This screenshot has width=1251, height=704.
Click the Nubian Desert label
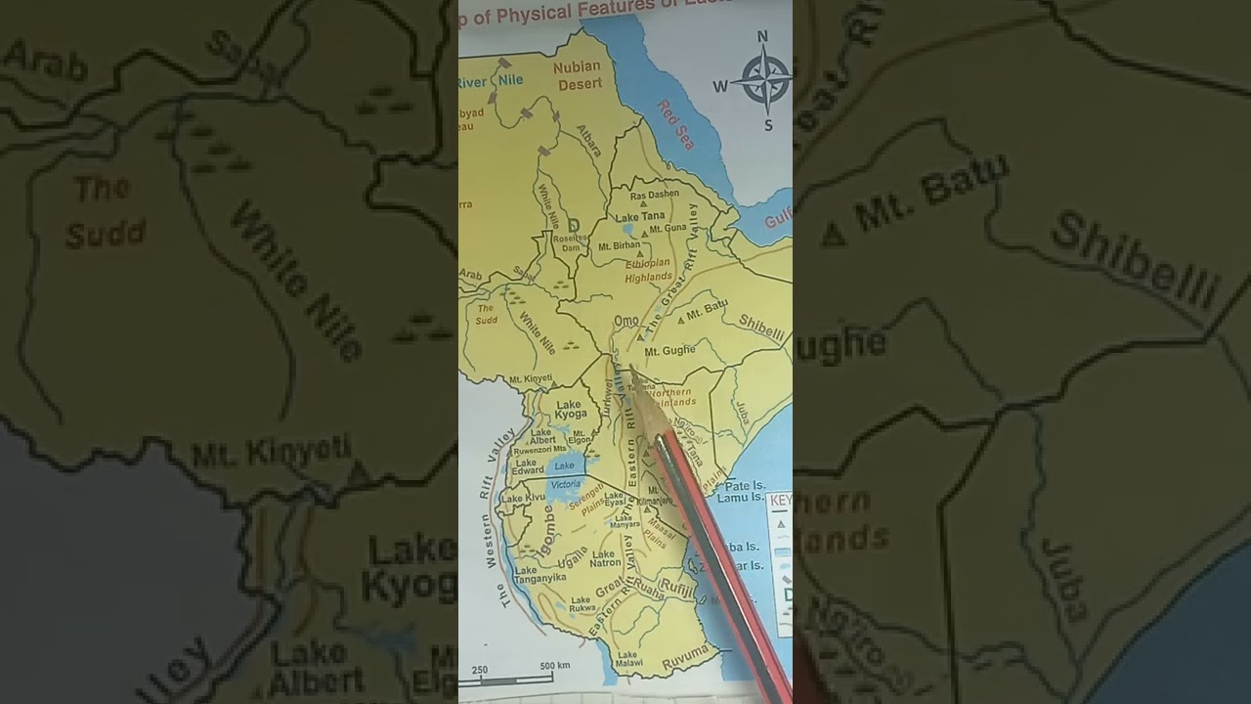coord(578,75)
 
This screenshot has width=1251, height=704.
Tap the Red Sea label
coord(674,124)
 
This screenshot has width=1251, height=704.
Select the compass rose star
coord(765,79)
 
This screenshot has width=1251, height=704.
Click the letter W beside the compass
coord(720,86)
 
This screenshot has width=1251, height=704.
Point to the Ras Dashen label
coord(654,195)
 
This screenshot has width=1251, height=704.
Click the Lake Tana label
coord(640,217)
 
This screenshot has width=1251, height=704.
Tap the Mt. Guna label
coord(669,228)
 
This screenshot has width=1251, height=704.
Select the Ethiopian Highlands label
coord(648,270)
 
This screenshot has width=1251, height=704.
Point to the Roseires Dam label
coord(570,242)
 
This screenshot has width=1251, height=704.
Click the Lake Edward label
coord(527,468)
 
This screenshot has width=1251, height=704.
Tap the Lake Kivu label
coord(524,499)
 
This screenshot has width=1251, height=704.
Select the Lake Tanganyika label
coord(539,576)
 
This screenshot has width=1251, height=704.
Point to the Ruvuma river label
coord(683,654)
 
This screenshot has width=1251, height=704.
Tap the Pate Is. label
coord(745,485)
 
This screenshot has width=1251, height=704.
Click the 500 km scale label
coord(554,667)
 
